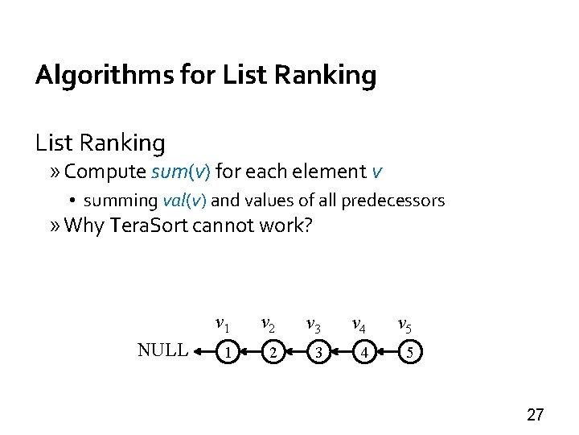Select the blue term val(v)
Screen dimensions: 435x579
186,200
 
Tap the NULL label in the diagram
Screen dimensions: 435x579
163,350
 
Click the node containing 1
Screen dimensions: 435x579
229,351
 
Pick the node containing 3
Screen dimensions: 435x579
320,351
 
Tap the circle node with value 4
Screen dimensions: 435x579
366,351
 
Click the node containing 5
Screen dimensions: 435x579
411,351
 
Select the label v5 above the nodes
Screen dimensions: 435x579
406,325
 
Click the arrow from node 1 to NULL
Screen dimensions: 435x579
205,351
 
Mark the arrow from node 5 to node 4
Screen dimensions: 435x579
388,351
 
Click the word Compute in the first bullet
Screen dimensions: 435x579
104,172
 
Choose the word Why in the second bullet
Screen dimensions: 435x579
84,226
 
